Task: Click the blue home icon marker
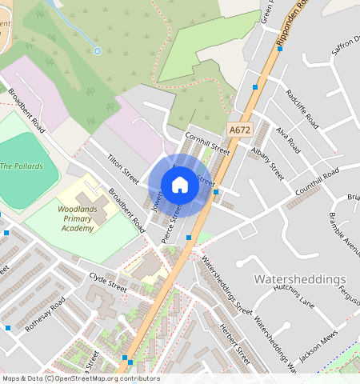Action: pyautogui.click(x=180, y=185)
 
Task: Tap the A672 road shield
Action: pyautogui.click(x=238, y=129)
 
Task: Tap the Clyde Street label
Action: pyautogui.click(x=108, y=283)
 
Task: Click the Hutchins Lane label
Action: pyautogui.click(x=297, y=298)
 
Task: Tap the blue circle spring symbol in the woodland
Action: pyautogui.click(x=98, y=50)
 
